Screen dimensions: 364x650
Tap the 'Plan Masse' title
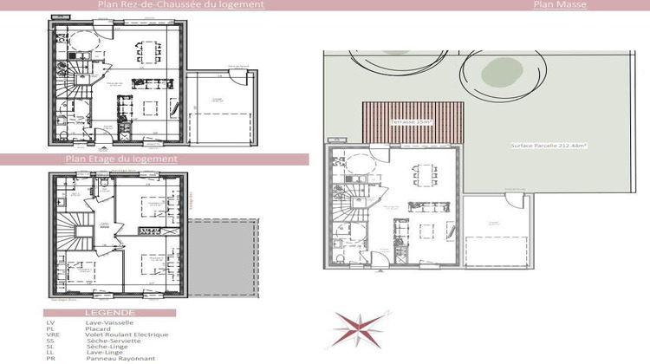tap(560, 5)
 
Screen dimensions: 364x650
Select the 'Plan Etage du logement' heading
tap(121, 159)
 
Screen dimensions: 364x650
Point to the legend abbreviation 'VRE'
tap(51, 335)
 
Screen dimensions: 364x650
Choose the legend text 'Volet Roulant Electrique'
tap(127, 335)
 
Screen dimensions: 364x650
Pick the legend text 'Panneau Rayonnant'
tap(120, 358)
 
